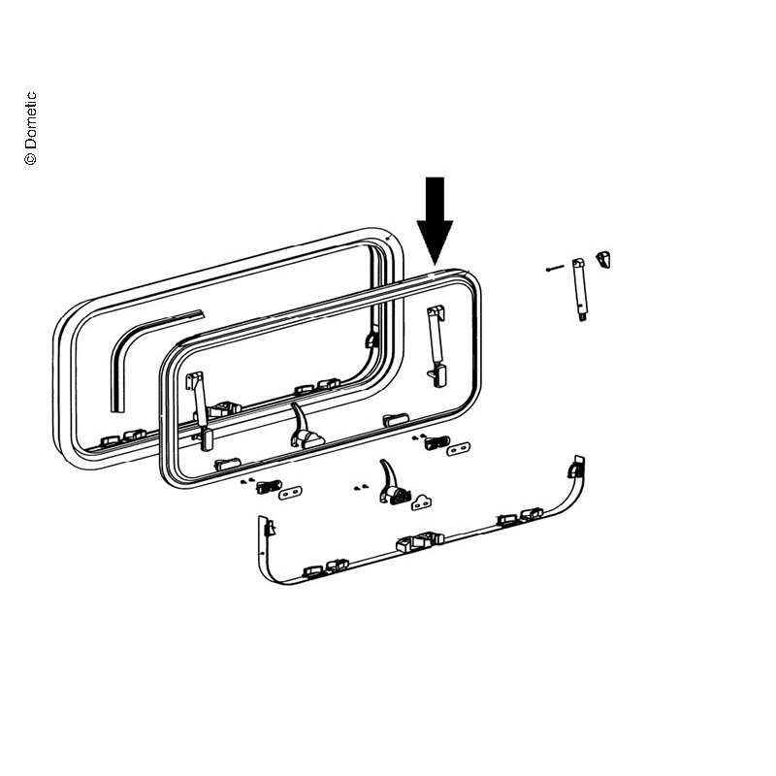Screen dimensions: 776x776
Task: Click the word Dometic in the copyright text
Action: (x=31, y=120)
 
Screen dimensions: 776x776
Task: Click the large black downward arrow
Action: (x=435, y=221)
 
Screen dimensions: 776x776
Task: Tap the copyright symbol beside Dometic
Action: (x=31, y=158)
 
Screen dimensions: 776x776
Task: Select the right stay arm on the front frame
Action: (x=436, y=345)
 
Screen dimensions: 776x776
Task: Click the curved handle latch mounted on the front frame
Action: (x=306, y=427)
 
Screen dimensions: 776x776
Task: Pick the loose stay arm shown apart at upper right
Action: (x=579, y=289)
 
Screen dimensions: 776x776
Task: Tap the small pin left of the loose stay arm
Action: (x=555, y=269)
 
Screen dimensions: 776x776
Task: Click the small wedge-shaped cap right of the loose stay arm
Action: (x=603, y=259)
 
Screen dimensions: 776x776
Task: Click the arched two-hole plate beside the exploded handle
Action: (x=421, y=502)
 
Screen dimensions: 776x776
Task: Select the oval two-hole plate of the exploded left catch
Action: (x=290, y=493)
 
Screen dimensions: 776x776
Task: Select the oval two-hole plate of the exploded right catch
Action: (x=458, y=449)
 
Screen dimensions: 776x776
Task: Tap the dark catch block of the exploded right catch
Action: (x=436, y=441)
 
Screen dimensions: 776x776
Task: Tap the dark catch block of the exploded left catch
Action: (x=269, y=486)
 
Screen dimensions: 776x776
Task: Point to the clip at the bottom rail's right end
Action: (x=575, y=469)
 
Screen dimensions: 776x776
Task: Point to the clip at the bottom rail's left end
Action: (x=269, y=527)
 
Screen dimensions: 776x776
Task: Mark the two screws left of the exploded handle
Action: (x=361, y=488)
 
